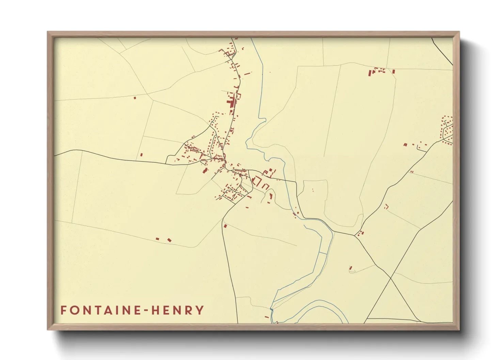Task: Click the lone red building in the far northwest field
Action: click(x=135, y=98)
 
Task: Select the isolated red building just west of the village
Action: click(x=141, y=155)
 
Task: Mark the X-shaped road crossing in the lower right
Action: click(x=391, y=278)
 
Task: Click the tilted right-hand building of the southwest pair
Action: click(x=169, y=240)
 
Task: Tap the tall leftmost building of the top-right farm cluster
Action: click(x=369, y=73)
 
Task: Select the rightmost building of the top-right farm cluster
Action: click(x=394, y=72)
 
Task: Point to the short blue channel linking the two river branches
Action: click(x=322, y=253)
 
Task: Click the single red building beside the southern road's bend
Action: click(x=225, y=226)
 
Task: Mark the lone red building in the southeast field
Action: click(x=351, y=268)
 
